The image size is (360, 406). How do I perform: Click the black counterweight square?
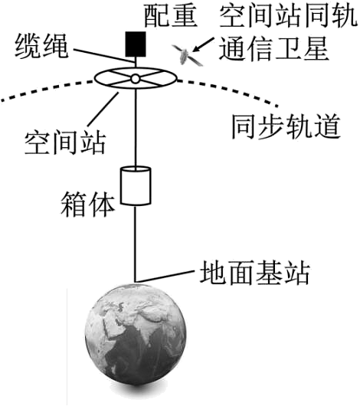click(x=136, y=44)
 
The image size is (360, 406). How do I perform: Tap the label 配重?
click(x=170, y=16)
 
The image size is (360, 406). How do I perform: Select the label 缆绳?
click(x=41, y=47)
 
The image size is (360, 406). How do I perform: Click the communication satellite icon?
click(x=187, y=55)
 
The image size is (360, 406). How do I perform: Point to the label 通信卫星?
click(x=274, y=49)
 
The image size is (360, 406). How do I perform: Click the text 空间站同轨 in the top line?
click(x=288, y=16)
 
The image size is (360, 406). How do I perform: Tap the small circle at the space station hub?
click(x=136, y=78)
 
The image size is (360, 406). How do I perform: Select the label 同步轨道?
click(x=286, y=127)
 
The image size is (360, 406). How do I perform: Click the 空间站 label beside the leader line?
click(x=65, y=143)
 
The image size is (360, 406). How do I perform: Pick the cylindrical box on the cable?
click(x=136, y=186)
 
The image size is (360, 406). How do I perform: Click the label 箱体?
click(x=88, y=205)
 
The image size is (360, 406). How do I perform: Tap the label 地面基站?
click(x=255, y=273)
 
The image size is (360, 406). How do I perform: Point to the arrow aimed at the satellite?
click(x=204, y=44)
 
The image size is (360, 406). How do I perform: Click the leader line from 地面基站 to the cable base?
click(x=165, y=277)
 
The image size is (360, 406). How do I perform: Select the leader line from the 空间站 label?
click(x=103, y=109)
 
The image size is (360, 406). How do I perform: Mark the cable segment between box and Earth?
click(x=135, y=244)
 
